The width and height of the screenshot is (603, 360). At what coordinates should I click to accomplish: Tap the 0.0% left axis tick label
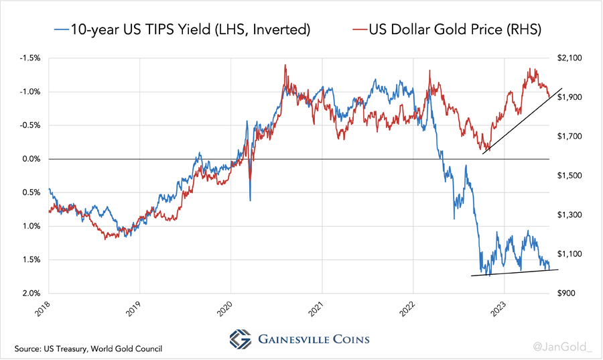pyautogui.click(x=31, y=159)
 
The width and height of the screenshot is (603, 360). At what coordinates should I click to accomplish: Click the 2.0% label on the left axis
pyautogui.click(x=31, y=294)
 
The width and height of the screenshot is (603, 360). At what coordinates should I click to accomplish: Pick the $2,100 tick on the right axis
pyautogui.click(x=571, y=58)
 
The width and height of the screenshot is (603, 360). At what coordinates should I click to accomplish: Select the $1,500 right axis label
pyautogui.click(x=571, y=176)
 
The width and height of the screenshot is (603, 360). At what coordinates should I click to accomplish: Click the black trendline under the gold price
pyautogui.click(x=523, y=119)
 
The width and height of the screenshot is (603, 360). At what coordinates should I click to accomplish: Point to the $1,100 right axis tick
pyautogui.click(x=571, y=254)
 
